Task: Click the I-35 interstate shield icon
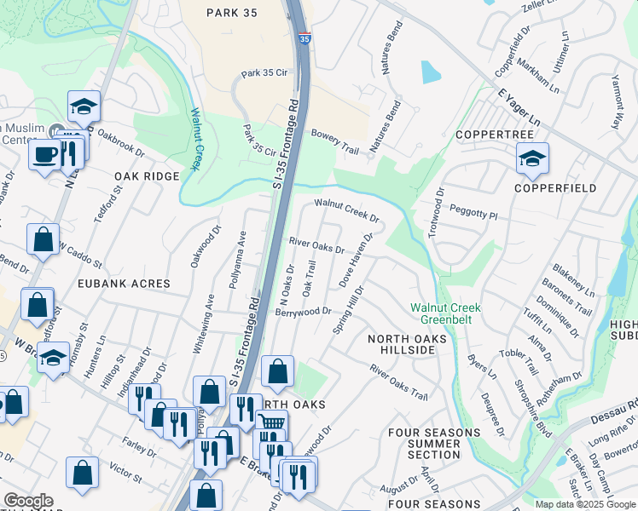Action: coord(304,38)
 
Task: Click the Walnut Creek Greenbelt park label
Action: coord(445,313)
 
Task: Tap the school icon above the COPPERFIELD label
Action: coord(532,158)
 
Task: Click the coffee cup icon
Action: coord(44,155)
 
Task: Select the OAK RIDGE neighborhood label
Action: coord(147,176)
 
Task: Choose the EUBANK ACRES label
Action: coord(125,283)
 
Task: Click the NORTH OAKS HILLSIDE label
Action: coord(407,347)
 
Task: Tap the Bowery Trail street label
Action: coord(335,141)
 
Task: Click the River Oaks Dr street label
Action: coord(316,245)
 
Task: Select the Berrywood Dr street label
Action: coord(302,312)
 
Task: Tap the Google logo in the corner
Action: coord(28,501)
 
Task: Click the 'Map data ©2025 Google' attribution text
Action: coord(585,504)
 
